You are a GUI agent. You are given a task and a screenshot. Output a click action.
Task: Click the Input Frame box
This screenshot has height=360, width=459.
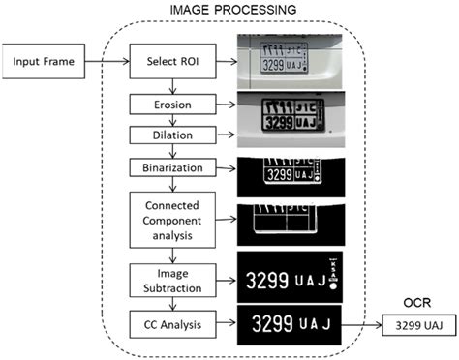pyautogui.click(x=46, y=63)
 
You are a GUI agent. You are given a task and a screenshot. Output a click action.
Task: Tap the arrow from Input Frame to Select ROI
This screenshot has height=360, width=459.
pyautogui.click(x=107, y=64)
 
